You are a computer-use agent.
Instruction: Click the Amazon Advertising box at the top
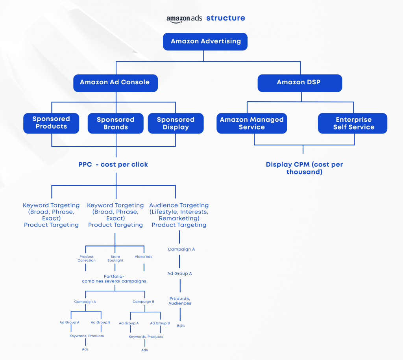click(x=205, y=41)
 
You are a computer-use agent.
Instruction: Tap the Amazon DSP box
click(x=299, y=83)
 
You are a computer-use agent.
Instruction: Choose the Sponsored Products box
click(x=51, y=123)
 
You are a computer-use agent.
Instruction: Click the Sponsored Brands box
click(x=115, y=123)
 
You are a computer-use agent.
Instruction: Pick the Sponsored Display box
click(x=176, y=123)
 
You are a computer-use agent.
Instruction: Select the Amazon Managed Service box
click(x=251, y=123)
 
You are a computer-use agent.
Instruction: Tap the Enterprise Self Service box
click(x=353, y=123)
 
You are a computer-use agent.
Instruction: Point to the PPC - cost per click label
click(x=113, y=165)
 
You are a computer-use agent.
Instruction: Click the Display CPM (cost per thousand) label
click(x=304, y=168)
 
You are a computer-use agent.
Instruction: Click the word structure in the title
click(x=226, y=18)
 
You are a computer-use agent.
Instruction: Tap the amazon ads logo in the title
click(x=184, y=19)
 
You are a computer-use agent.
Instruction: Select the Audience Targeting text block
click(x=179, y=215)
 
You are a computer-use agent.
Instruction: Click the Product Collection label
click(x=87, y=258)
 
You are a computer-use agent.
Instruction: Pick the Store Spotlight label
click(x=115, y=258)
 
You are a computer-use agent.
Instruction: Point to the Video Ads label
click(x=144, y=257)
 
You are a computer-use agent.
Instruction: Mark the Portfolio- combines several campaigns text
click(x=114, y=279)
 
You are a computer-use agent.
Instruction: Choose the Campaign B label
click(x=144, y=302)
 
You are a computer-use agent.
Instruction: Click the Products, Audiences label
click(x=180, y=301)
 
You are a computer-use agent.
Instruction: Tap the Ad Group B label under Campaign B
click(x=160, y=323)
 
